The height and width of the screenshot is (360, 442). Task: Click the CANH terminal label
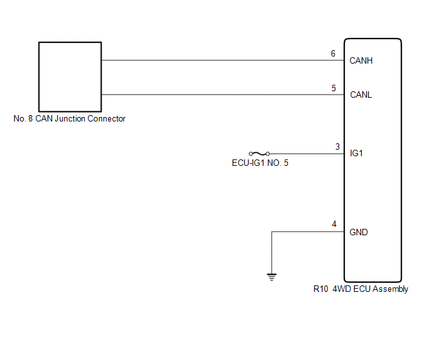(x=361, y=61)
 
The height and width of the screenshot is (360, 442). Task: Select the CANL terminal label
(x=361, y=95)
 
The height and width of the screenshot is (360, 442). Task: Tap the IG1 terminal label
(x=357, y=154)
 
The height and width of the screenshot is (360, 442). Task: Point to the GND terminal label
(x=359, y=232)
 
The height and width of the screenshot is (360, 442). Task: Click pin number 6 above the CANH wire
(x=333, y=53)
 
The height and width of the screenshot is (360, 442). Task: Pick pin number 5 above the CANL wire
(x=334, y=88)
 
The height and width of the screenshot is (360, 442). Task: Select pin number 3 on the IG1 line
(x=338, y=147)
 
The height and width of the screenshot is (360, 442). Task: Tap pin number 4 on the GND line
(x=334, y=224)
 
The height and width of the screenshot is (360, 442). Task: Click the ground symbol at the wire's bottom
(x=272, y=277)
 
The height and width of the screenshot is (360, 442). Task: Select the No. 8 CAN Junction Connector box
(x=70, y=76)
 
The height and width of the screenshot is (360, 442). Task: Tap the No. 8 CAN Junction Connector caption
(x=69, y=119)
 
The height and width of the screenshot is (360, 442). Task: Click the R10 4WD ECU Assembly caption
(x=360, y=289)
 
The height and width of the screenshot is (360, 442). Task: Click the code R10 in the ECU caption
(x=321, y=289)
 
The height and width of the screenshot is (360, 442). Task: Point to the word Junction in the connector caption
(x=73, y=119)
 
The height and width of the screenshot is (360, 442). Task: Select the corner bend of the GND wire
(x=272, y=232)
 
